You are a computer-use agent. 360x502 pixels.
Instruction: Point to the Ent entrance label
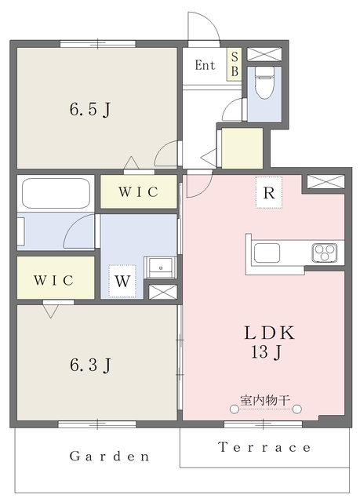[x=205, y=66]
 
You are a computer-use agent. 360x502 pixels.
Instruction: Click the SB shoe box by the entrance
[x=234, y=66]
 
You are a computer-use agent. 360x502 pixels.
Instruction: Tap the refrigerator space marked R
[x=268, y=191]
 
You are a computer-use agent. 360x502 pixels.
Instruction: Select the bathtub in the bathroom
[x=56, y=192]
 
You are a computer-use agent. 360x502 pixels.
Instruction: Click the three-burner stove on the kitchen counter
[x=325, y=253]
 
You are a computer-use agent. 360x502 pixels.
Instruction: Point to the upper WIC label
[x=138, y=192]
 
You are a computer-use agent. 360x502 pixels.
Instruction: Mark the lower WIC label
[x=54, y=279]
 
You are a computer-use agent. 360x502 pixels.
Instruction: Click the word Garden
[x=109, y=456]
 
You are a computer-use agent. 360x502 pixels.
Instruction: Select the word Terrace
[x=264, y=448]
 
